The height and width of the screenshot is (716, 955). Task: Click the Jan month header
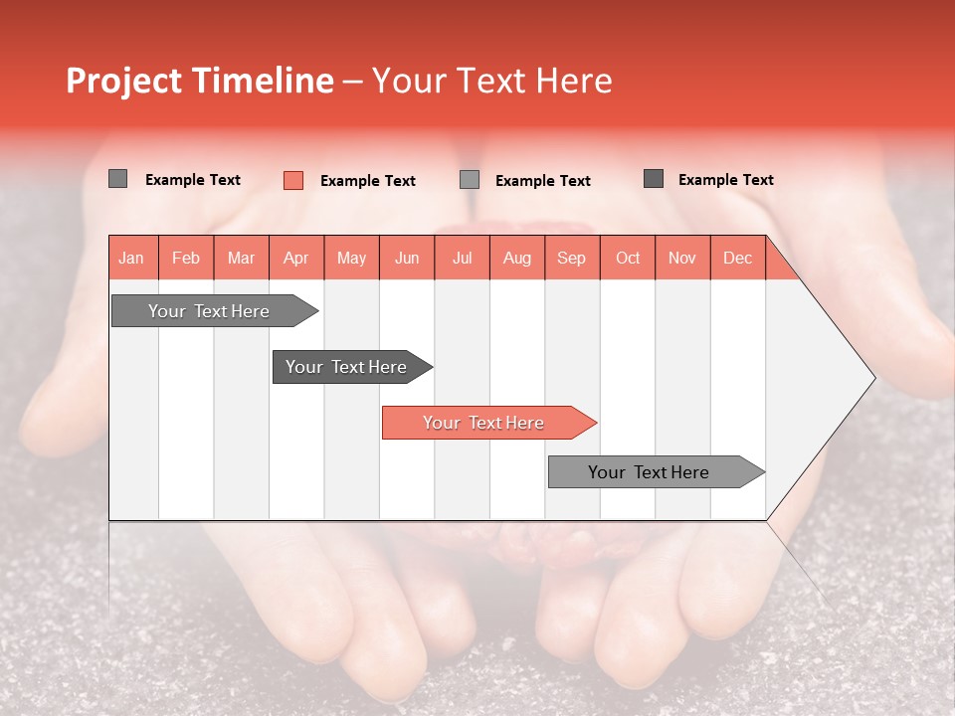(x=131, y=258)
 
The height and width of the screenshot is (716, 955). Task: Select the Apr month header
(x=295, y=258)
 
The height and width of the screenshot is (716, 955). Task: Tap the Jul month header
(x=462, y=258)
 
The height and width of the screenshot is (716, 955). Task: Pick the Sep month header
(x=571, y=258)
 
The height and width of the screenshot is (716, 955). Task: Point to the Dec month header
(x=737, y=258)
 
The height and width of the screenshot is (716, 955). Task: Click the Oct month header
(x=628, y=258)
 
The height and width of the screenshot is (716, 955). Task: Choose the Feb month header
(x=186, y=258)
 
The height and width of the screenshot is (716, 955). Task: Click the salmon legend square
(x=292, y=180)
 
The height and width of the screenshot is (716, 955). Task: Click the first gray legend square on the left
(x=117, y=179)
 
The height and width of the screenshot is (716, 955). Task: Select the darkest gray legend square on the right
(x=654, y=179)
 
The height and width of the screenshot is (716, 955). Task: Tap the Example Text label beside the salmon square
(x=368, y=181)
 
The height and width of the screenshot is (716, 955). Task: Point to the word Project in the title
(x=121, y=81)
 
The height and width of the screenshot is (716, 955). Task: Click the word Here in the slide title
(x=574, y=81)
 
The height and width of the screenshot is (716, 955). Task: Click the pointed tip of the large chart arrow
(x=872, y=378)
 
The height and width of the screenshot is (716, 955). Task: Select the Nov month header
(x=682, y=258)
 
